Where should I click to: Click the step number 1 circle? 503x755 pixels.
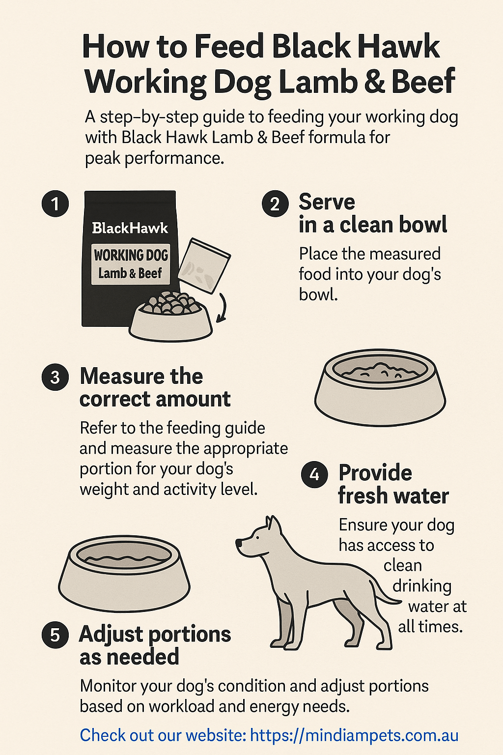point(55,203)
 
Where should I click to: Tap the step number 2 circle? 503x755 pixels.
point(275,203)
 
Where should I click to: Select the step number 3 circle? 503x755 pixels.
point(55,377)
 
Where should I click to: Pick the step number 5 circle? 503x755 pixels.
point(55,635)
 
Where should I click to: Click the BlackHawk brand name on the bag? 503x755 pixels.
point(130,228)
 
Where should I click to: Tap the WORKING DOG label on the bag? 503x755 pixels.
point(131,255)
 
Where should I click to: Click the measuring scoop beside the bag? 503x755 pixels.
point(203,265)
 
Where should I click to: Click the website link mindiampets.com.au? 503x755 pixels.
point(354,735)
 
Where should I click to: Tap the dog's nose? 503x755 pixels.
point(239,543)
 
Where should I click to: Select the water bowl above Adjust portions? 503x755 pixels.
point(124,573)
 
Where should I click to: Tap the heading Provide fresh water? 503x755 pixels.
point(393,484)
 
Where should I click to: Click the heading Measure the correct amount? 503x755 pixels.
point(155,387)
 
